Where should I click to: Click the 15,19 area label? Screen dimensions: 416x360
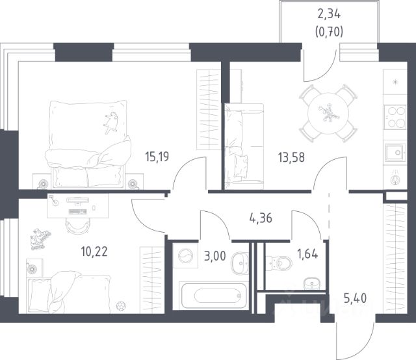pos(157,157)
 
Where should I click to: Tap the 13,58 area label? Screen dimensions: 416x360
pos(291,157)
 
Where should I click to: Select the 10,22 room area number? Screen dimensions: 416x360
pos(94,251)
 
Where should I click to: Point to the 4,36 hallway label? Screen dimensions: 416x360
pos(261,218)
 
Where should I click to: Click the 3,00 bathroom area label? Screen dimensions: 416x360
pos(215,256)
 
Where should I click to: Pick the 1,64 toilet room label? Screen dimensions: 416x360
pos(307,254)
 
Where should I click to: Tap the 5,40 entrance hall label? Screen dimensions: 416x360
pos(356,298)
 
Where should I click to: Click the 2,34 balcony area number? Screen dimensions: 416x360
pos(329,14)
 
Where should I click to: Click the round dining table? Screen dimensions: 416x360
pos(328,113)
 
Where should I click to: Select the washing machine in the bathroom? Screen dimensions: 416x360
pos(186,256)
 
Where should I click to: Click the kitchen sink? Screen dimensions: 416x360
pos(395,153)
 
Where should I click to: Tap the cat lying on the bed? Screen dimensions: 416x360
pos(111,123)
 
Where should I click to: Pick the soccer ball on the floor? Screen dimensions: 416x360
pos(121,305)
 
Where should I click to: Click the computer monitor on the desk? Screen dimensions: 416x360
pos(78,201)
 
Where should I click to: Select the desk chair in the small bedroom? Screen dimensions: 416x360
pos(77,226)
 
